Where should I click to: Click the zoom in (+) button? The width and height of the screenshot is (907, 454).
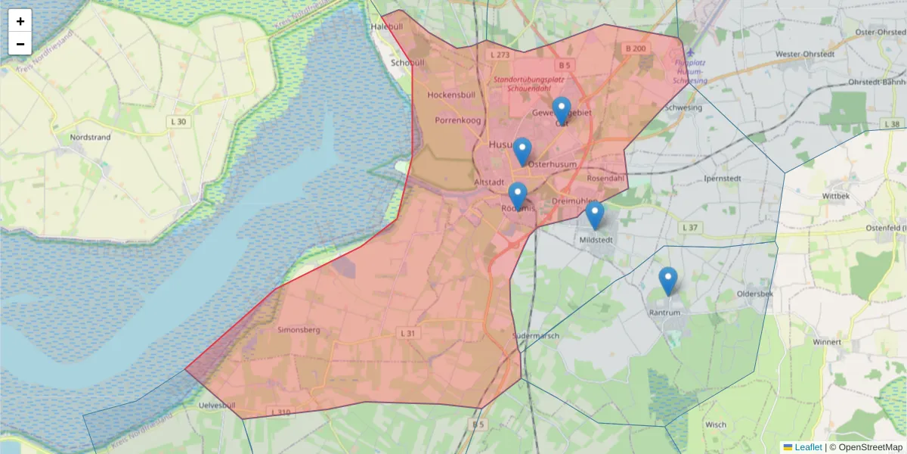coord(20,21)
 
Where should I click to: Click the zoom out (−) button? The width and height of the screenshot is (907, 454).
coord(20,44)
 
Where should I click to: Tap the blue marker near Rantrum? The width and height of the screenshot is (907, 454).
coord(667,281)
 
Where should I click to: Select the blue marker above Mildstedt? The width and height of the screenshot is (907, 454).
coord(595,216)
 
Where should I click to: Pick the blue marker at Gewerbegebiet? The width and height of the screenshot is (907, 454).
coord(561,110)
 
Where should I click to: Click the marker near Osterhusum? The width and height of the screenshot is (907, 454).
coord(522,151)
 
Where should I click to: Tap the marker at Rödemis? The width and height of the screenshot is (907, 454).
coord(518,196)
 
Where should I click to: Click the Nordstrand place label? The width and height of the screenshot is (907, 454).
coord(90,138)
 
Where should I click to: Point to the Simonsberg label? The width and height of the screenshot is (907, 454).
coord(299,330)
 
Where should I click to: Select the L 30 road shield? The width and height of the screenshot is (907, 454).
coord(178,121)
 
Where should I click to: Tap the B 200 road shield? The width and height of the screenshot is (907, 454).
coord(635,48)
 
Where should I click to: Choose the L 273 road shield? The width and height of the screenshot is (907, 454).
coord(500,55)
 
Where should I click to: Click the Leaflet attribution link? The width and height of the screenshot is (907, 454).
coord(807,447)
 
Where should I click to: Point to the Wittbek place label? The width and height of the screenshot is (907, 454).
coord(837,195)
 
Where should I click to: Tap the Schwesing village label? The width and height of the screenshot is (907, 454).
coord(683,107)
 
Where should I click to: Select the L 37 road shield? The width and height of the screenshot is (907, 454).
coord(689,227)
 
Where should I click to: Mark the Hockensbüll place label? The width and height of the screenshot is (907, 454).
coord(451,95)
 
